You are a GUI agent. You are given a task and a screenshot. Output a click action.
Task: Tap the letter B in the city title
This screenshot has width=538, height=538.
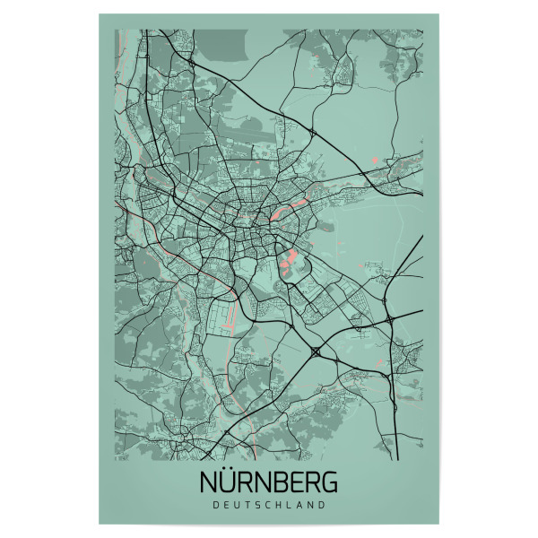[283, 482]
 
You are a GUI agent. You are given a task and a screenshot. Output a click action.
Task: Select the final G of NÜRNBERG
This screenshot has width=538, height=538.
[329, 482]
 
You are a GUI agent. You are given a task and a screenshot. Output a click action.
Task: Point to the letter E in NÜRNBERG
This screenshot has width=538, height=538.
[299, 482]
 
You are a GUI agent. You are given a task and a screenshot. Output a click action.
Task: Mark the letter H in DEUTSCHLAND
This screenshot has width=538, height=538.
[279, 505]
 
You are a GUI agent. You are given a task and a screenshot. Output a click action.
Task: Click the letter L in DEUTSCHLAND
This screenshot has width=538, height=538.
[290, 505]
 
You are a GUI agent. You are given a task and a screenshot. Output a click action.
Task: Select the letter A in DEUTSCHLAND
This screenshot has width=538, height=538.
[299, 505]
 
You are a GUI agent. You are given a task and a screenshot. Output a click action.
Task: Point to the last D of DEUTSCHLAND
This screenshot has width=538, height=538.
[322, 505]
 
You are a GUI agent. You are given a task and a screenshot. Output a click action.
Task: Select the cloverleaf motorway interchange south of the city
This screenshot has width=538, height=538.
[317, 352]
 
